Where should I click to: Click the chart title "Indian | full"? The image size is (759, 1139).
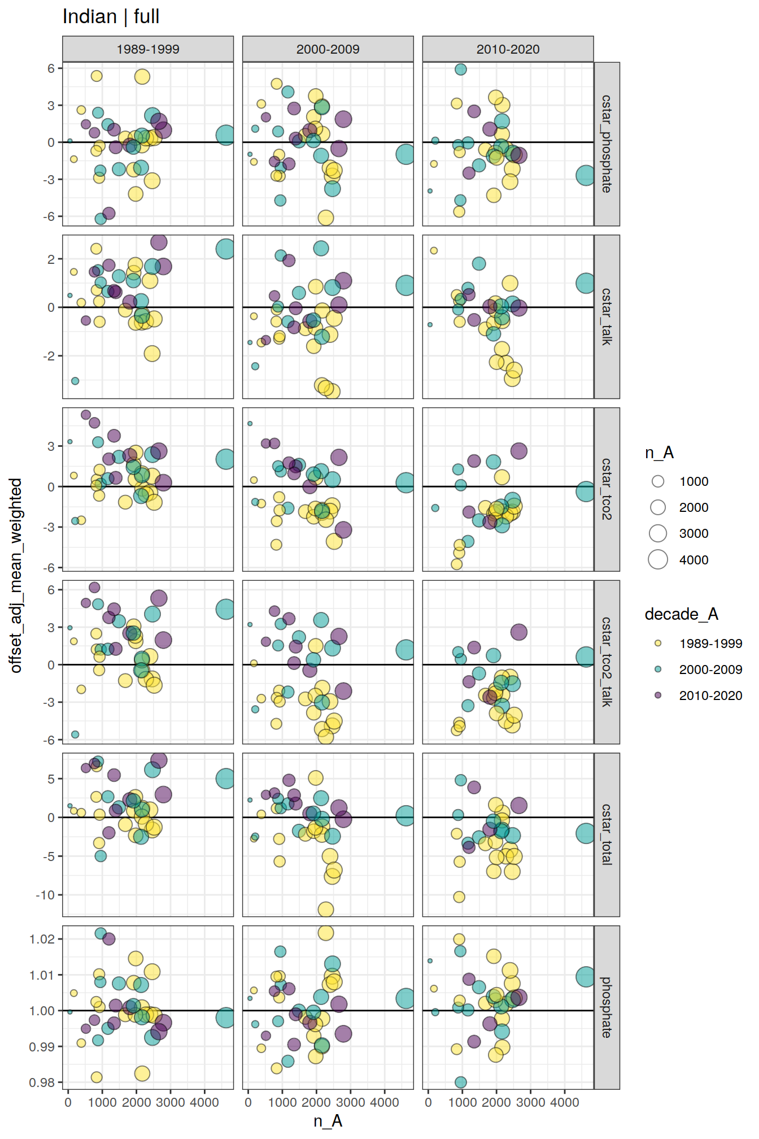111,17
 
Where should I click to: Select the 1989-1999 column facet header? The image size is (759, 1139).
147,49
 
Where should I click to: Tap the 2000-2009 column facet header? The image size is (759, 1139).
328,49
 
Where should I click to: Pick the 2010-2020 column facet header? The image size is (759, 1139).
508,49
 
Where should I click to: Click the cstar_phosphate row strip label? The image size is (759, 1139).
607,144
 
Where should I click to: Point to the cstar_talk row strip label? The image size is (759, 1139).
607,316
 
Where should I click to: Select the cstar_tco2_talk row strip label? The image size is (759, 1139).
607,662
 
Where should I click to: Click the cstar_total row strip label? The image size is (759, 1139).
607,834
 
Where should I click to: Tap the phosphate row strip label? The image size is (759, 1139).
607,1007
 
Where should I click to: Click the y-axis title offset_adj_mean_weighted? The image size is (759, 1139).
16,575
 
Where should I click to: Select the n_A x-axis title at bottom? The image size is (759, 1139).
328,1121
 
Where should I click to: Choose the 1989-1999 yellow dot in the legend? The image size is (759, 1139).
658,643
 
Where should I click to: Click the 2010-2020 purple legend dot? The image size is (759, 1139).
658,695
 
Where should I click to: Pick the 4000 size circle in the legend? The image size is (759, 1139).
658,559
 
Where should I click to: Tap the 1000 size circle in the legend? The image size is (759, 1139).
658,481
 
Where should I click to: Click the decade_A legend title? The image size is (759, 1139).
681,614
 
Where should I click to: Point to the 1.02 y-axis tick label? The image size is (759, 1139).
42,939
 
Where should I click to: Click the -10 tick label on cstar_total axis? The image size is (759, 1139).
45,895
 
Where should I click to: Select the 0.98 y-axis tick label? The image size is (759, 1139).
42,1083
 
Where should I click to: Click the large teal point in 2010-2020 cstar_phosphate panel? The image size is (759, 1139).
586,175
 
